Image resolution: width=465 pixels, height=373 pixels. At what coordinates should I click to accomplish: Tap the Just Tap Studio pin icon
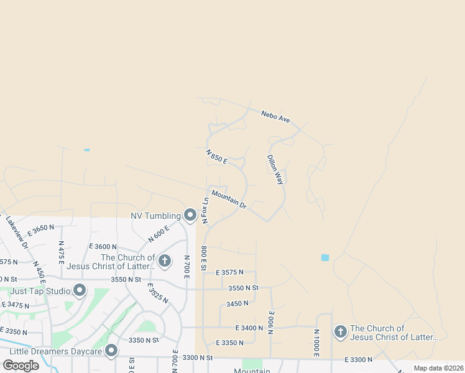click(x=80, y=290)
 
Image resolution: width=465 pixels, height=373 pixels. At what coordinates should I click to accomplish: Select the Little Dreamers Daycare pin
click(x=111, y=351)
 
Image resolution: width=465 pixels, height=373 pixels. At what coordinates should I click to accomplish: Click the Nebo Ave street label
click(x=275, y=116)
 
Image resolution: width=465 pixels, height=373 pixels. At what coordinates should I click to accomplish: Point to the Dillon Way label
click(x=275, y=170)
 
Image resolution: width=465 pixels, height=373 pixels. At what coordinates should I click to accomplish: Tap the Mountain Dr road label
click(x=229, y=200)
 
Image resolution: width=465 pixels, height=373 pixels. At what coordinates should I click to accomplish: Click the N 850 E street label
click(x=217, y=156)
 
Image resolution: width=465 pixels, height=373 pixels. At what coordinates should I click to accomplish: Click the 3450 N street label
click(x=237, y=303)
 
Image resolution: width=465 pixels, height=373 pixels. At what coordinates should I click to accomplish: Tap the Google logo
click(x=21, y=366)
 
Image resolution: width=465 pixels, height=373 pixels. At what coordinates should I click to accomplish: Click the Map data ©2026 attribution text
click(x=438, y=368)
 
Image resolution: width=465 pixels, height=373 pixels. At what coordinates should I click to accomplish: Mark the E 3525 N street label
click(x=157, y=293)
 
